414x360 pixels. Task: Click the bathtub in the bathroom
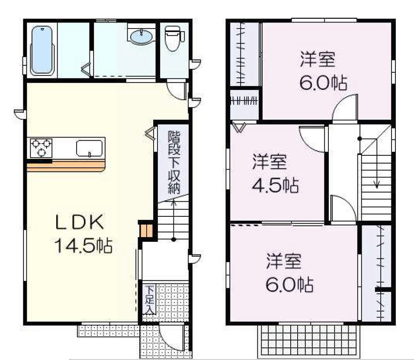(42, 51)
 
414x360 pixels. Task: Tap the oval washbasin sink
(141, 36)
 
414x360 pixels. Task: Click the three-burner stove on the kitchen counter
(41, 148)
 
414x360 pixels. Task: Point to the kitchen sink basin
(89, 148)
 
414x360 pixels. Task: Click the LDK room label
(80, 222)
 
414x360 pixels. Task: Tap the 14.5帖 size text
(83, 246)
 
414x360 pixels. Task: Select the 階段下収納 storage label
(174, 162)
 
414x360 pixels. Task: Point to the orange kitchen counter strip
(66, 165)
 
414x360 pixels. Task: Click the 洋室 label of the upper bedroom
(318, 60)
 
